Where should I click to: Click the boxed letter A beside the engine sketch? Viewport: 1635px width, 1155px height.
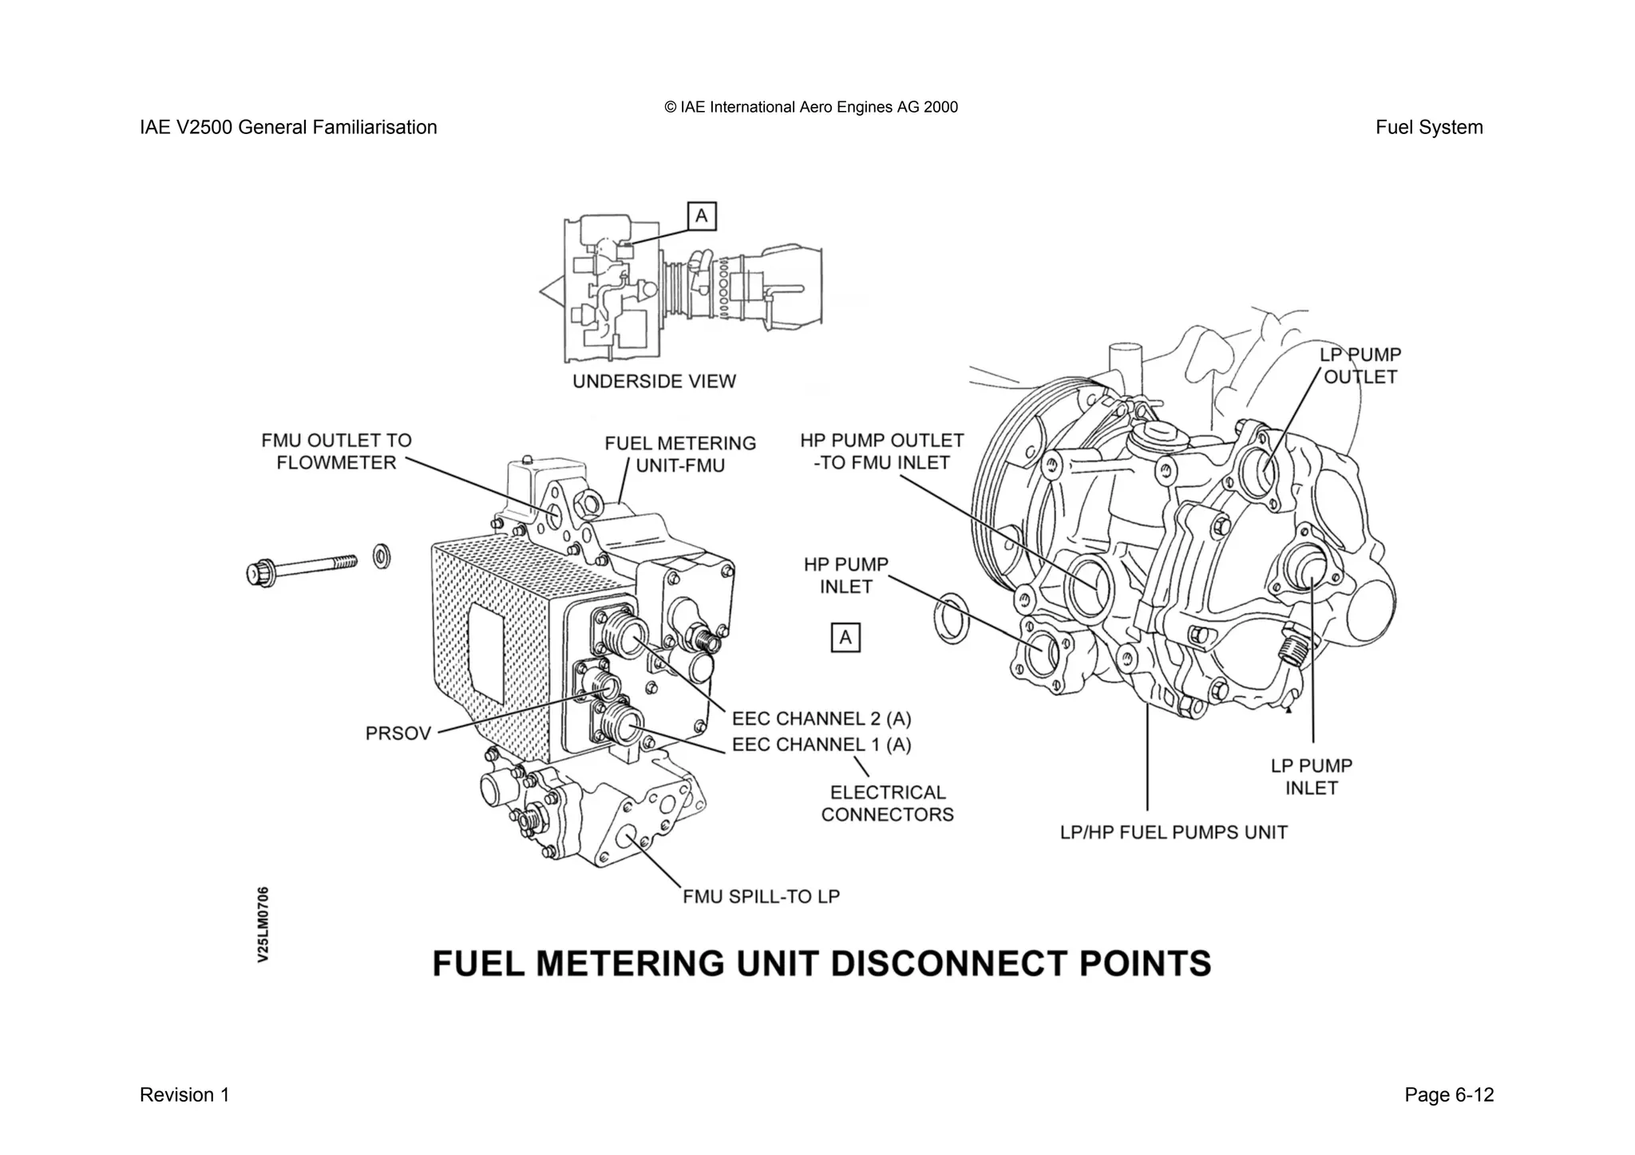coord(702,216)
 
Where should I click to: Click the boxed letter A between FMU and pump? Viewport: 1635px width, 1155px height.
coord(845,638)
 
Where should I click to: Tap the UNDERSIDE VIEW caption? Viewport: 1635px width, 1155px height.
coord(654,382)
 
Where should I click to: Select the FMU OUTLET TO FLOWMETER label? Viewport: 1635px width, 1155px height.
coord(336,452)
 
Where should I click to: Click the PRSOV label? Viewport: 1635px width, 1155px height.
coord(398,734)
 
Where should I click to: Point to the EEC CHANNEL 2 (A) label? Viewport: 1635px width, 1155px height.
coord(821,718)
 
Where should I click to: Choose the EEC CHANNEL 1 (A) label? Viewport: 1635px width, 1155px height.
coord(821,745)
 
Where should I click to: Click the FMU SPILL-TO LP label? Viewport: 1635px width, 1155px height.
coord(761,896)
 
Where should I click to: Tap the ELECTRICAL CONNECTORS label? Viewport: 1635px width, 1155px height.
coord(888,804)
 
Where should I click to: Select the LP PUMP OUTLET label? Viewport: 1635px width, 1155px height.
coord(1360,366)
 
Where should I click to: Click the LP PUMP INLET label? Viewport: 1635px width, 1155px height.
coord(1312,777)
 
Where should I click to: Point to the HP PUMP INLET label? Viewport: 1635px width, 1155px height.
coord(845,576)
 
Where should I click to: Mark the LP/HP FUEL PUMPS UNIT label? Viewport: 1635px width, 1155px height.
coord(1174,833)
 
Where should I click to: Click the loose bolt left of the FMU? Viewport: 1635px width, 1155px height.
coord(299,568)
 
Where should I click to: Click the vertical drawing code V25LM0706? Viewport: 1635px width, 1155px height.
coord(263,924)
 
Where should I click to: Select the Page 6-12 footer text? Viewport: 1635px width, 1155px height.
coord(1448,1095)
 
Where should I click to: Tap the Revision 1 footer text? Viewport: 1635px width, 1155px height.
coord(184,1095)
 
